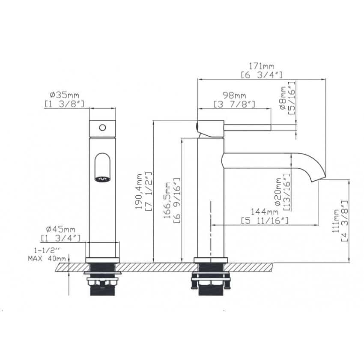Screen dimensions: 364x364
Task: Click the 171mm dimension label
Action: (262, 66)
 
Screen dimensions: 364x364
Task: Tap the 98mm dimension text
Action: (234, 95)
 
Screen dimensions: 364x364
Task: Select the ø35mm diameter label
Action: (65, 95)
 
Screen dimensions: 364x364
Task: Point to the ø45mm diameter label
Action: (61, 230)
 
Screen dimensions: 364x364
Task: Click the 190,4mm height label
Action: (139, 191)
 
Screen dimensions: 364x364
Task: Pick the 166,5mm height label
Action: (167, 200)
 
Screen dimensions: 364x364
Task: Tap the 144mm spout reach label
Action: (265, 212)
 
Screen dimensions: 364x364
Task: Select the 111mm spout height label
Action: (336, 221)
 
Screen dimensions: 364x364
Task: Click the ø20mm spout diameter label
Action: (278, 192)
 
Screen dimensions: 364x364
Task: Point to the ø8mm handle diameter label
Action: (283, 98)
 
